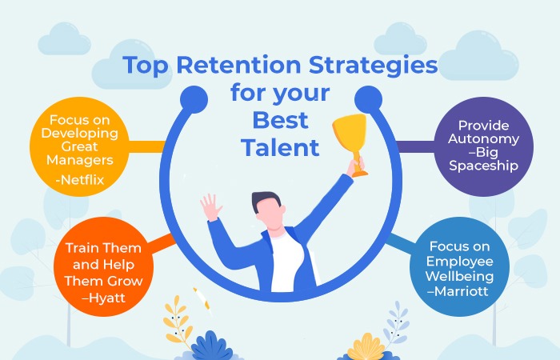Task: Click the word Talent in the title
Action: (x=280, y=147)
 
